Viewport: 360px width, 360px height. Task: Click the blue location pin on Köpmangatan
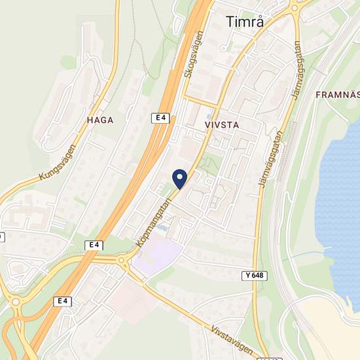click(x=179, y=177)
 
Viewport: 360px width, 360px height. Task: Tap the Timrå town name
click(x=244, y=22)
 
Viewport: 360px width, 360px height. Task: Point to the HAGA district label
click(x=100, y=120)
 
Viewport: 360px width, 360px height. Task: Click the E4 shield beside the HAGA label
click(x=161, y=118)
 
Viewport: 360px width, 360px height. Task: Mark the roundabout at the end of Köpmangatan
click(x=123, y=263)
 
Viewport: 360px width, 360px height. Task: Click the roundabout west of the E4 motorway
click(x=14, y=302)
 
